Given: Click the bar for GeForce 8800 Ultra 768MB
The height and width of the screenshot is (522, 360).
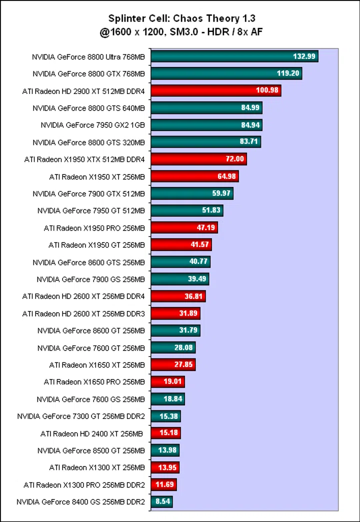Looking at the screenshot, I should coord(234,56).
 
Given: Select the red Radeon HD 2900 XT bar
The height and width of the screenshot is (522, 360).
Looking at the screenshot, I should coord(215,90).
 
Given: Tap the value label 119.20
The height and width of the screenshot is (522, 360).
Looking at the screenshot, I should coord(288,73).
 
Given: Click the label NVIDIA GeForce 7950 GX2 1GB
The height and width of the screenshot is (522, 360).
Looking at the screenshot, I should coord(92,125).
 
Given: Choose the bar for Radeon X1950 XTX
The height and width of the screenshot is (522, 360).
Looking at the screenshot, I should coord(198,159).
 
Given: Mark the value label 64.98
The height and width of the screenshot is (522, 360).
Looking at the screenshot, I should coord(226,176).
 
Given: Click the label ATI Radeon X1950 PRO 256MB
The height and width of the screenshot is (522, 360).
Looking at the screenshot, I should coord(94,228).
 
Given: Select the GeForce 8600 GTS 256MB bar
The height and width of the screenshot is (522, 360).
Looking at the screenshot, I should coord(180,262).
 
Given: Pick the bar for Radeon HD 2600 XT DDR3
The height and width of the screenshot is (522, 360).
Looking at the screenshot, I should coord(175,313).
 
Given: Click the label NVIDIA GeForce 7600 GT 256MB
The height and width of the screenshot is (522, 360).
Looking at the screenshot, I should coord(91,347).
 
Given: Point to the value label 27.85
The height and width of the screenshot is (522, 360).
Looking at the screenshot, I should coord(183,365).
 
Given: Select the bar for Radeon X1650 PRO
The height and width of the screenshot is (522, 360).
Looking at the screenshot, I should coord(167,382).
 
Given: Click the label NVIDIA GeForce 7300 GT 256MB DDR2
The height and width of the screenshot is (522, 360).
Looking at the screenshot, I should coord(81,416).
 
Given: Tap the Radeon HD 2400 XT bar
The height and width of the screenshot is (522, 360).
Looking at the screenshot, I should coord(165,433).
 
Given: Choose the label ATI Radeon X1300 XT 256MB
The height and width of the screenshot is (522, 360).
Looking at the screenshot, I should coord(96,467).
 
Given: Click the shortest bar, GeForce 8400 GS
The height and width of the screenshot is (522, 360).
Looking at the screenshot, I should coord(161,501).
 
